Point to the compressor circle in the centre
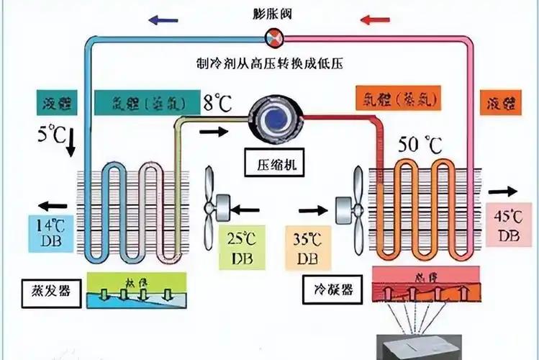pyautogui.click(x=276, y=117)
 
